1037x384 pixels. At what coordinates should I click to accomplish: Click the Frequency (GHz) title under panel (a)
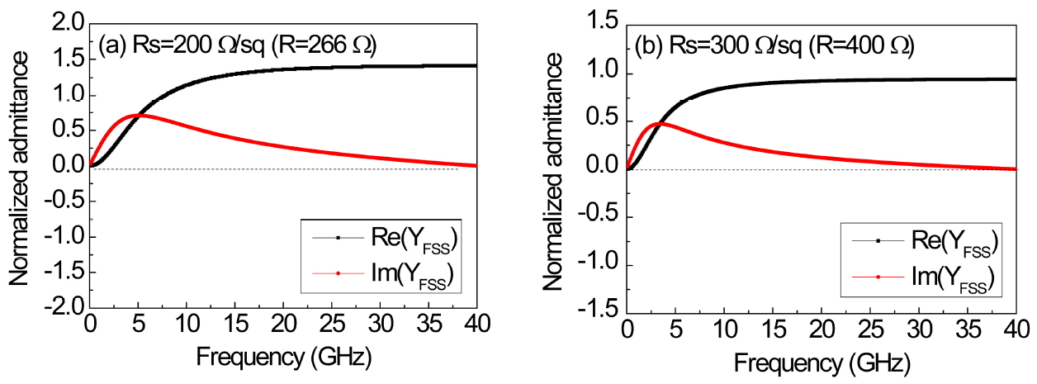[x=283, y=358]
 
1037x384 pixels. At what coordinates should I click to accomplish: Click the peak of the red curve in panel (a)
[x=140, y=115]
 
